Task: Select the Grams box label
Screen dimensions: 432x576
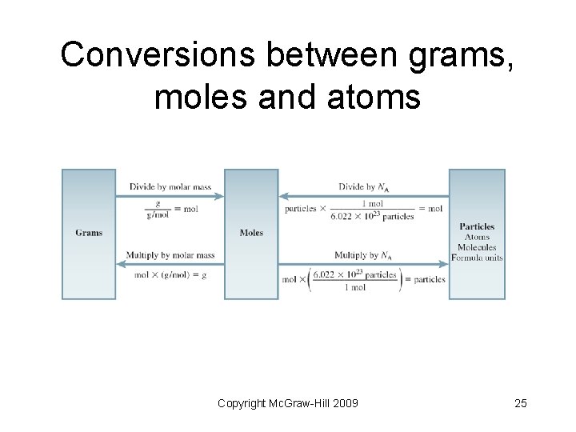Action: pos(89,233)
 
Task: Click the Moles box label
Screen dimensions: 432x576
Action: pos(251,233)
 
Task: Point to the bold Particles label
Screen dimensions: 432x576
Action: pos(477,226)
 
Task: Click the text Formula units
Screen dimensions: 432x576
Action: pos(477,258)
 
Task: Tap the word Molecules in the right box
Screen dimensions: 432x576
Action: pos(477,247)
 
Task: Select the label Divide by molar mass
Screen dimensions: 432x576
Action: pos(170,187)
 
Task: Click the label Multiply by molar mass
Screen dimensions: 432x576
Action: pos(170,255)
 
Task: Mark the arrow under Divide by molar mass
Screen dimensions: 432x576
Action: pos(170,196)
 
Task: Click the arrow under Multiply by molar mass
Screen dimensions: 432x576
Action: pos(170,264)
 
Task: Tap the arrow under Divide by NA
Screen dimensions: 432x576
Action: pos(363,196)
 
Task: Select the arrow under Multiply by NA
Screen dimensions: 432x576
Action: pos(363,264)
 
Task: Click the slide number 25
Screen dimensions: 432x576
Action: pos(520,402)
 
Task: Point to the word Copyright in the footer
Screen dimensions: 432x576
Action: pos(242,402)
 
